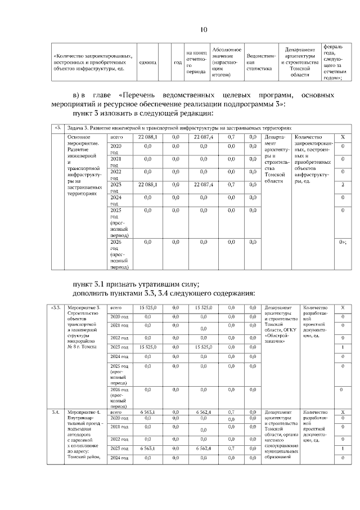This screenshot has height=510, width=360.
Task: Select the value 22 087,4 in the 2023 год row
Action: (x=203, y=184)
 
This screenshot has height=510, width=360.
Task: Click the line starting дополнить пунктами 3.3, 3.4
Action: (x=164, y=293)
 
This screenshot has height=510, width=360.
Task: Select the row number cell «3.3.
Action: (x=56, y=308)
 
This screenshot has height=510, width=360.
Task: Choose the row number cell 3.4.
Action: (x=56, y=413)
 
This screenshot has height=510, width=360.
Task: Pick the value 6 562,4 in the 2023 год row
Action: (x=206, y=448)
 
